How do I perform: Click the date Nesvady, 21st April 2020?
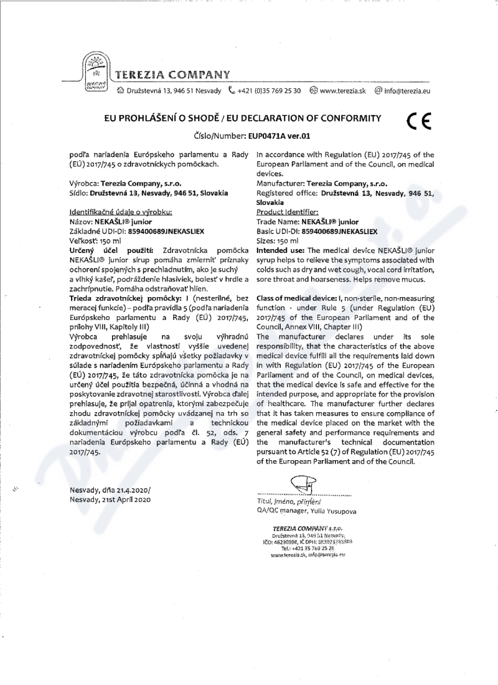[x=110, y=500]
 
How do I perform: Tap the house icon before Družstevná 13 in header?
[x=121, y=91]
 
